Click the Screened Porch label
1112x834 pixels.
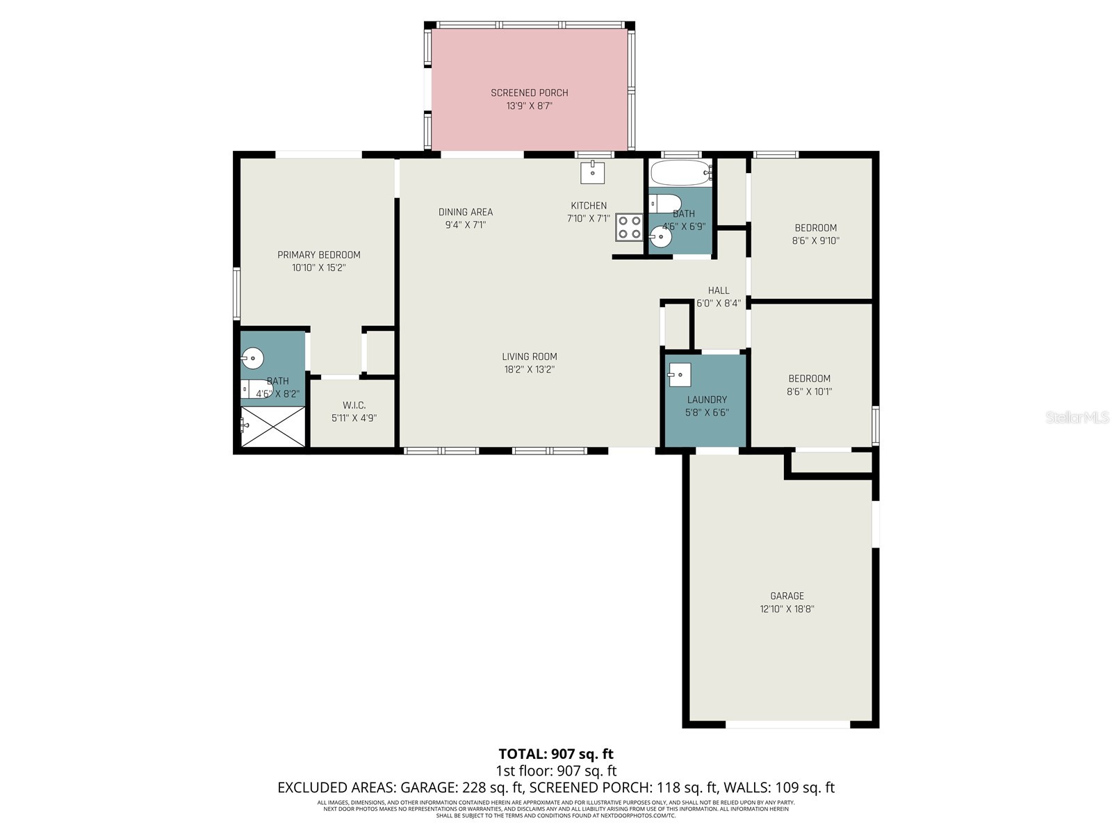click(529, 92)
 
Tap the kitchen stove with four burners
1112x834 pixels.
click(629, 227)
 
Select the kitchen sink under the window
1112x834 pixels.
click(592, 172)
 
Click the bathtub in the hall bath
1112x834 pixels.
click(680, 172)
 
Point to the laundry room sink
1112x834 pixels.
click(680, 375)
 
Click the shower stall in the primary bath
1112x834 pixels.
click(272, 427)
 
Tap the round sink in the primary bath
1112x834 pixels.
click(252, 359)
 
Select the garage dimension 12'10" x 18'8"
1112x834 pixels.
click(787, 609)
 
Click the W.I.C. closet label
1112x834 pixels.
click(354, 405)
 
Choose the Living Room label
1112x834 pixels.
click(529, 357)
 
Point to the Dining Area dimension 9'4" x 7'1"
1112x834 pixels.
click(465, 224)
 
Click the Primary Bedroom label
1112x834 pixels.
click(319, 255)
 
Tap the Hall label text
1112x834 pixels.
click(719, 291)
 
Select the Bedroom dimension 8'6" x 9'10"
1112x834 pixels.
click(815, 240)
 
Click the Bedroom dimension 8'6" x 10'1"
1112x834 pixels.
click(809, 391)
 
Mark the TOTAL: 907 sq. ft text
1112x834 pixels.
click(555, 754)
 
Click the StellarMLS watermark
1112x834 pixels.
click(1077, 417)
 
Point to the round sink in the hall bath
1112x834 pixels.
click(660, 238)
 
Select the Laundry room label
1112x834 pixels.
click(707, 400)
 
